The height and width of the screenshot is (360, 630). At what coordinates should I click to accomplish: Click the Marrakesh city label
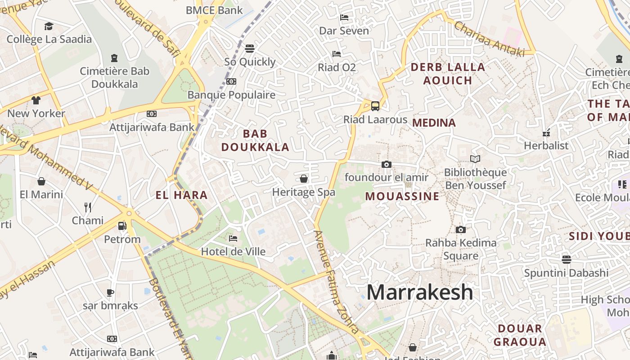(419, 292)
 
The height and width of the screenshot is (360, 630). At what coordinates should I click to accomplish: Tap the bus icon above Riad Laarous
(375, 106)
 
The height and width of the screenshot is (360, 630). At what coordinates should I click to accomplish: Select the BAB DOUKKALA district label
(255, 140)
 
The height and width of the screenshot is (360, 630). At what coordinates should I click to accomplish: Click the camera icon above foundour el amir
(386, 164)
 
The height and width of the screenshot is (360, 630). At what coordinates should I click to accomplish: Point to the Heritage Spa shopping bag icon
(304, 179)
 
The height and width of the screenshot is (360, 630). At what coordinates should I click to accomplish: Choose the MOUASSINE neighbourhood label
(402, 196)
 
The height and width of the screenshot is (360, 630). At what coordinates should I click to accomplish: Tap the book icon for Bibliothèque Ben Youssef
(475, 159)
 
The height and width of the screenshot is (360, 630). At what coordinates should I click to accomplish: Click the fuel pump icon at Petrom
(122, 225)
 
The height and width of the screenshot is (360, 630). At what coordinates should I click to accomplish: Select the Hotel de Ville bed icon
(233, 238)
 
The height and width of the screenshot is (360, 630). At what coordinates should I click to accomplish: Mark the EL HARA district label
(181, 195)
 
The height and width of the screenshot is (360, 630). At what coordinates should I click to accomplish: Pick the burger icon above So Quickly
(250, 48)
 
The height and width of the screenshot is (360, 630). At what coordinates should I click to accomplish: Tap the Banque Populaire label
(231, 95)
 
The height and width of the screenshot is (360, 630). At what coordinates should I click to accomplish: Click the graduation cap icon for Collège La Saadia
(49, 26)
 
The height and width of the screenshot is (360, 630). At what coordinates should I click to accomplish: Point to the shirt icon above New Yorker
(36, 100)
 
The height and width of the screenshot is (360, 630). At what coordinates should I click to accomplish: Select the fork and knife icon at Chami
(88, 207)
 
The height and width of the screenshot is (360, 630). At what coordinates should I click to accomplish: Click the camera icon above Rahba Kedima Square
(460, 229)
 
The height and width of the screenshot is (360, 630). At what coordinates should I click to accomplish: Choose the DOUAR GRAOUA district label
(520, 335)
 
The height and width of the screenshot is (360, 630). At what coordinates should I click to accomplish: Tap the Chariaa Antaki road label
(489, 39)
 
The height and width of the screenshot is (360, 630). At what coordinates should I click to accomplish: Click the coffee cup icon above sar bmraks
(110, 292)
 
